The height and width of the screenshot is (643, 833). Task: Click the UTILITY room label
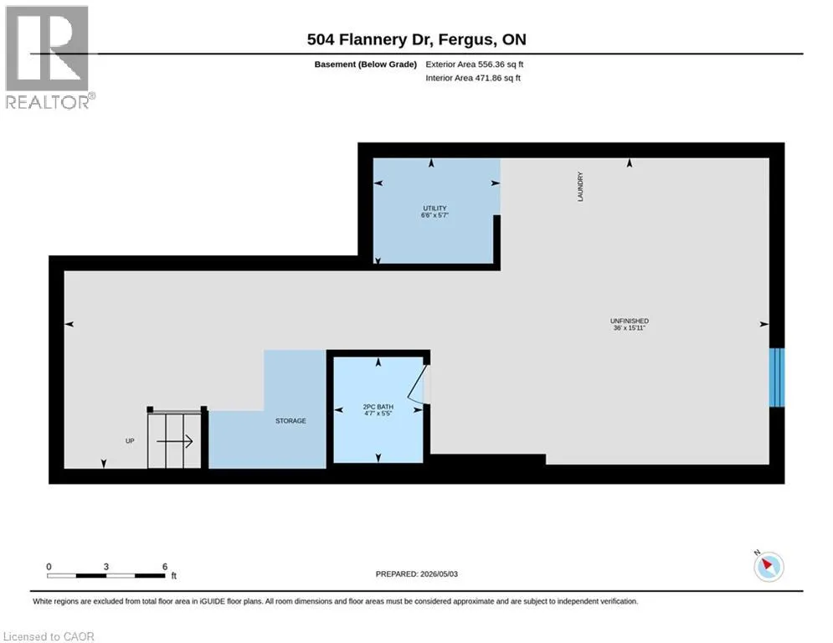coord(434,208)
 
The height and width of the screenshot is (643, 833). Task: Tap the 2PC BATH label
coord(378,407)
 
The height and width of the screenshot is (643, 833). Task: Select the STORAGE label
coord(291,421)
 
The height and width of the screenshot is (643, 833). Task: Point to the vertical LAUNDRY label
coord(580,187)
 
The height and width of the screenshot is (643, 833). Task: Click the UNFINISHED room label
coord(629,321)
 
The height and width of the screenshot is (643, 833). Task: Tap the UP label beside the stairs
coord(130,441)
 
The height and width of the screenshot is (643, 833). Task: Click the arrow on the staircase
coord(174,441)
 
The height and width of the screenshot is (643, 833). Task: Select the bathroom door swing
coord(418,382)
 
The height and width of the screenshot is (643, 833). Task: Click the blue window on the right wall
coord(777,378)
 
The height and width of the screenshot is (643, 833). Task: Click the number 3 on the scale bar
coord(106,567)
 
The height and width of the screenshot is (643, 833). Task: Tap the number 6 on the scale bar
coord(165,567)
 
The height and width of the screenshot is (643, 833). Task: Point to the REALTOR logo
coord(48,58)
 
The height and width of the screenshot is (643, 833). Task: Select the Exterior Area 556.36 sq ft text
coord(475,64)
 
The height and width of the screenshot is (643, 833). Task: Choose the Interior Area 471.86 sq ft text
coord(473,78)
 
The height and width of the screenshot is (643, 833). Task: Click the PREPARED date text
coord(417,574)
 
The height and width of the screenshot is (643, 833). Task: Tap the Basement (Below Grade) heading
coord(366,64)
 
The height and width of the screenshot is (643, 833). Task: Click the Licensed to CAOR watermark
coord(49,636)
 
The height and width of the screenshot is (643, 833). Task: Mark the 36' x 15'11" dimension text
coord(629,328)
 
